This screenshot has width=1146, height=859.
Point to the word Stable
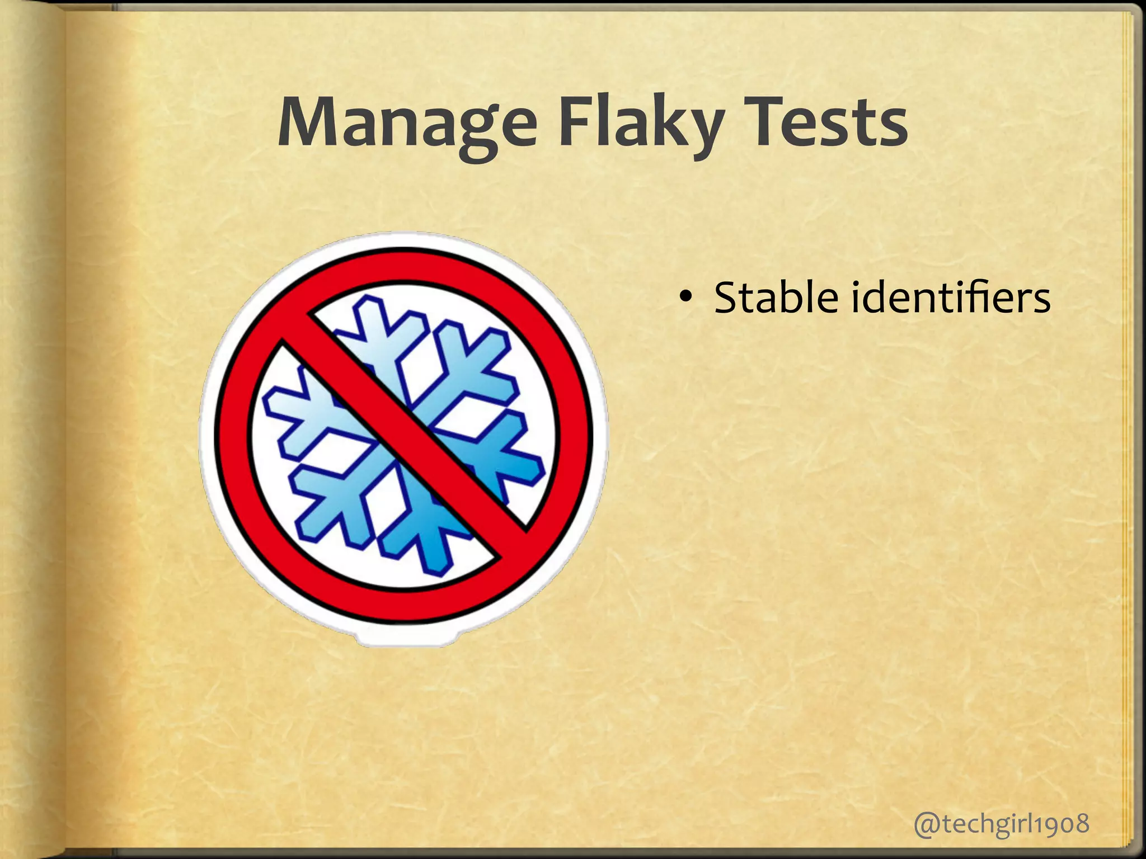(776, 298)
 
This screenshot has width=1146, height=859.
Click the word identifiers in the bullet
(951, 298)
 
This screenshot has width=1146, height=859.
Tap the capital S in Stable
(727, 298)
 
